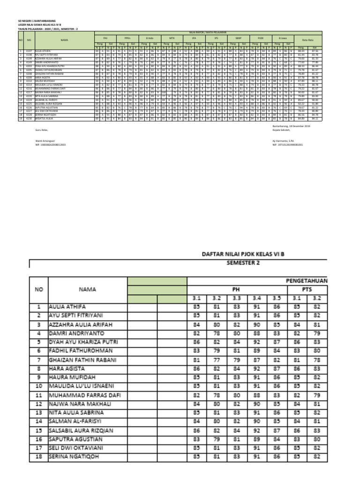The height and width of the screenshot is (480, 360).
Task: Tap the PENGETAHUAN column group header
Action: coord(305,280)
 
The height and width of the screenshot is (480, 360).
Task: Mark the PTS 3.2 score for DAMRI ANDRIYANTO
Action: coord(317,333)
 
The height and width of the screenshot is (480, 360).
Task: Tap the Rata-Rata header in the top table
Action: coord(308,40)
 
